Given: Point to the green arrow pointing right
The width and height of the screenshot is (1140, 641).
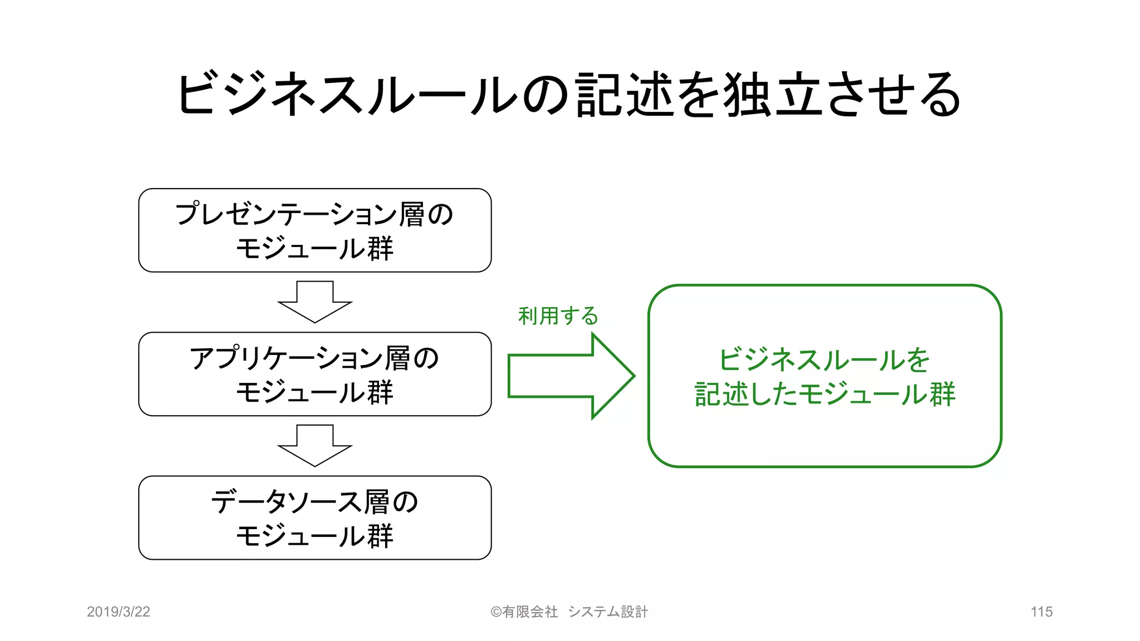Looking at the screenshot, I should pyautogui.click(x=571, y=376).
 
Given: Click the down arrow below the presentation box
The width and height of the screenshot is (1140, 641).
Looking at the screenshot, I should pyautogui.click(x=315, y=302).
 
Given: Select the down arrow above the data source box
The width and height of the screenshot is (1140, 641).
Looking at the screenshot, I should pyautogui.click(x=315, y=445).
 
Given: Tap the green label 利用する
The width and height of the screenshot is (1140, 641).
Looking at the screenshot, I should pyautogui.click(x=558, y=316).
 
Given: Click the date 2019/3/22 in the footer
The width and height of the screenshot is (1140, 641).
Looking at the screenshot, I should pyautogui.click(x=119, y=612).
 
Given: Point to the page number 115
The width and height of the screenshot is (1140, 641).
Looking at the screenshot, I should pyautogui.click(x=1041, y=612).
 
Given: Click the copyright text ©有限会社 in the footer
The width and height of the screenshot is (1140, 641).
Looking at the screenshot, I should pyautogui.click(x=524, y=612).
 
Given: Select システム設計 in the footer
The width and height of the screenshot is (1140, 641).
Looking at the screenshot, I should pyautogui.click(x=608, y=612).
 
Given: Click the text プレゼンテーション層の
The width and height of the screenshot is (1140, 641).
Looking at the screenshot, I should pyautogui.click(x=315, y=214).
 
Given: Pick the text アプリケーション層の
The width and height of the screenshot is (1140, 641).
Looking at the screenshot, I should pyautogui.click(x=315, y=358).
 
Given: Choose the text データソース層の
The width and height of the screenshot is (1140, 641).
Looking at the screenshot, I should pyautogui.click(x=315, y=501).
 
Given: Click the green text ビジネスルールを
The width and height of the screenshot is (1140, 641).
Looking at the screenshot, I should pyautogui.click(x=824, y=359).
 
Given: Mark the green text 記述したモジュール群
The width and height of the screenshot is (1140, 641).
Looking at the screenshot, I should pyautogui.click(x=824, y=394).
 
